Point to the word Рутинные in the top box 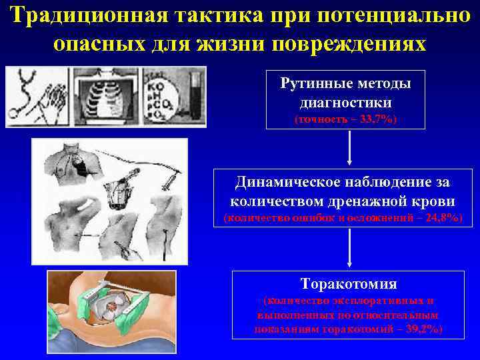coord(321,85)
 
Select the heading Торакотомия coord(349,284)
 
